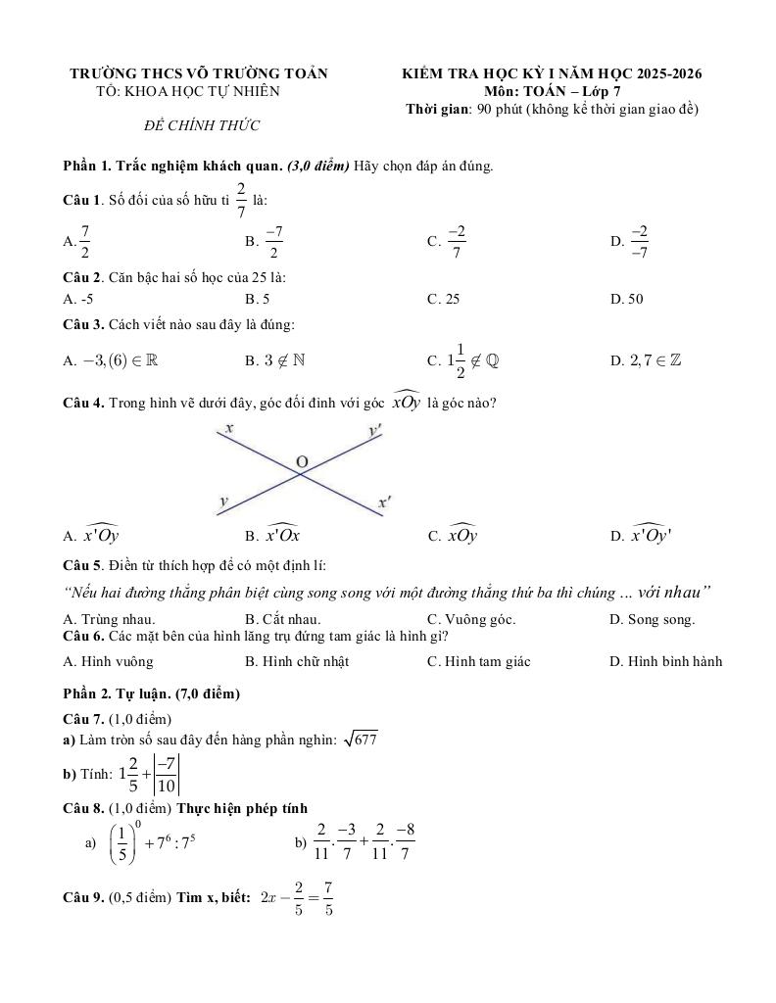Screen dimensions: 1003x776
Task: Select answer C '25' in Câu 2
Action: (x=452, y=299)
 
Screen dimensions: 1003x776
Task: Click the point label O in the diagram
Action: (x=301, y=461)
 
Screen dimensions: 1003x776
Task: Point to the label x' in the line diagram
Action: (x=385, y=502)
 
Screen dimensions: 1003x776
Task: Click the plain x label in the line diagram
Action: (x=228, y=428)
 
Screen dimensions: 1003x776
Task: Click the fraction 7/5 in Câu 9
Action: (x=327, y=898)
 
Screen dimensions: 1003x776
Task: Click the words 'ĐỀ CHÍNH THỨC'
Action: (x=201, y=125)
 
